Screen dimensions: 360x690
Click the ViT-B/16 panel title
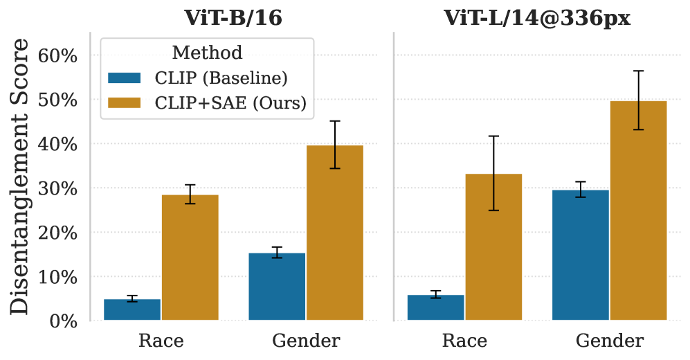pyautogui.click(x=233, y=17)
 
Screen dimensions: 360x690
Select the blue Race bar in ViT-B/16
pyautogui.click(x=132, y=309)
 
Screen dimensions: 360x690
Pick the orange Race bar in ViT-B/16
pyautogui.click(x=190, y=258)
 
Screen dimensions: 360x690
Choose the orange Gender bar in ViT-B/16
pyautogui.click(x=335, y=233)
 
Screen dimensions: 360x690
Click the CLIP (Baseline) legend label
pyautogui.click(x=221, y=77)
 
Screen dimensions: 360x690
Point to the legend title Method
pyautogui.click(x=207, y=52)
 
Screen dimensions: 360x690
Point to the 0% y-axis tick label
pyautogui.click(x=63, y=321)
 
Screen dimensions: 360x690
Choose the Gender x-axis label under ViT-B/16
pyautogui.click(x=306, y=341)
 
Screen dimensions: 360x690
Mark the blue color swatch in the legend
pyautogui.click(x=125, y=77)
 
